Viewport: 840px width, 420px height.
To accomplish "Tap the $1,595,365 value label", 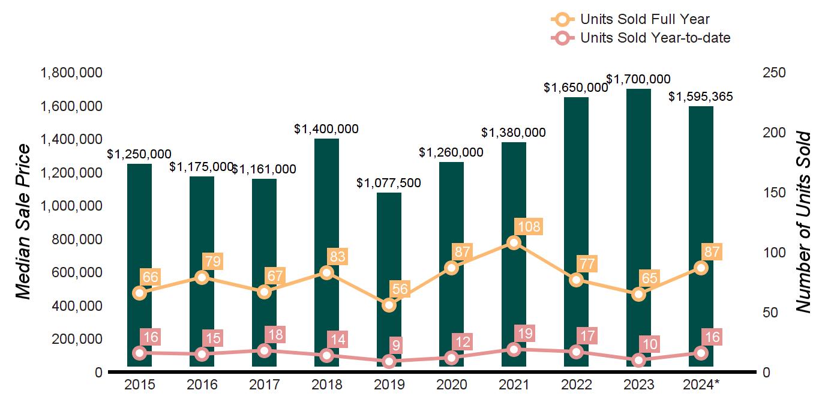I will tap(701, 97).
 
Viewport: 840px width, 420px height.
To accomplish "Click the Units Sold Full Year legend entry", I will tap(644, 20).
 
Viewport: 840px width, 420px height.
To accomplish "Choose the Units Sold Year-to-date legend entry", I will tap(655, 38).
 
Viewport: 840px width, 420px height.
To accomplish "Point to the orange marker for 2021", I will tap(514, 242).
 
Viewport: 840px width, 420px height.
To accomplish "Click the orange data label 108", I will tap(529, 227).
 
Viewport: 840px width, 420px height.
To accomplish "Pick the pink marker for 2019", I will tap(389, 361).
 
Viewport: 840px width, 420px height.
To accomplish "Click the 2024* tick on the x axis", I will tap(702, 385).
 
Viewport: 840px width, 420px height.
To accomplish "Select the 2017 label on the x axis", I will tap(264, 385).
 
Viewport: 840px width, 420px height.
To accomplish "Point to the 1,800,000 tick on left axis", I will tap(71, 73).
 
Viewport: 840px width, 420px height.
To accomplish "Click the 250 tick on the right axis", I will tap(775, 73).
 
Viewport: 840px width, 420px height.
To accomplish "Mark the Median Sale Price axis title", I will tap(23, 222).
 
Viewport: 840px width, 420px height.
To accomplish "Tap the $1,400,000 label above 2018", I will tap(326, 128).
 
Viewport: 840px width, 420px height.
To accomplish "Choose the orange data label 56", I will tap(400, 289).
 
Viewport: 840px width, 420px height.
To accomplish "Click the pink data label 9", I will tap(395, 346).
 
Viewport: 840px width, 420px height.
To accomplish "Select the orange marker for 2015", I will tap(139, 293).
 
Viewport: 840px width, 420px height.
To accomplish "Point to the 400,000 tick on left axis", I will tap(71, 306).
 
